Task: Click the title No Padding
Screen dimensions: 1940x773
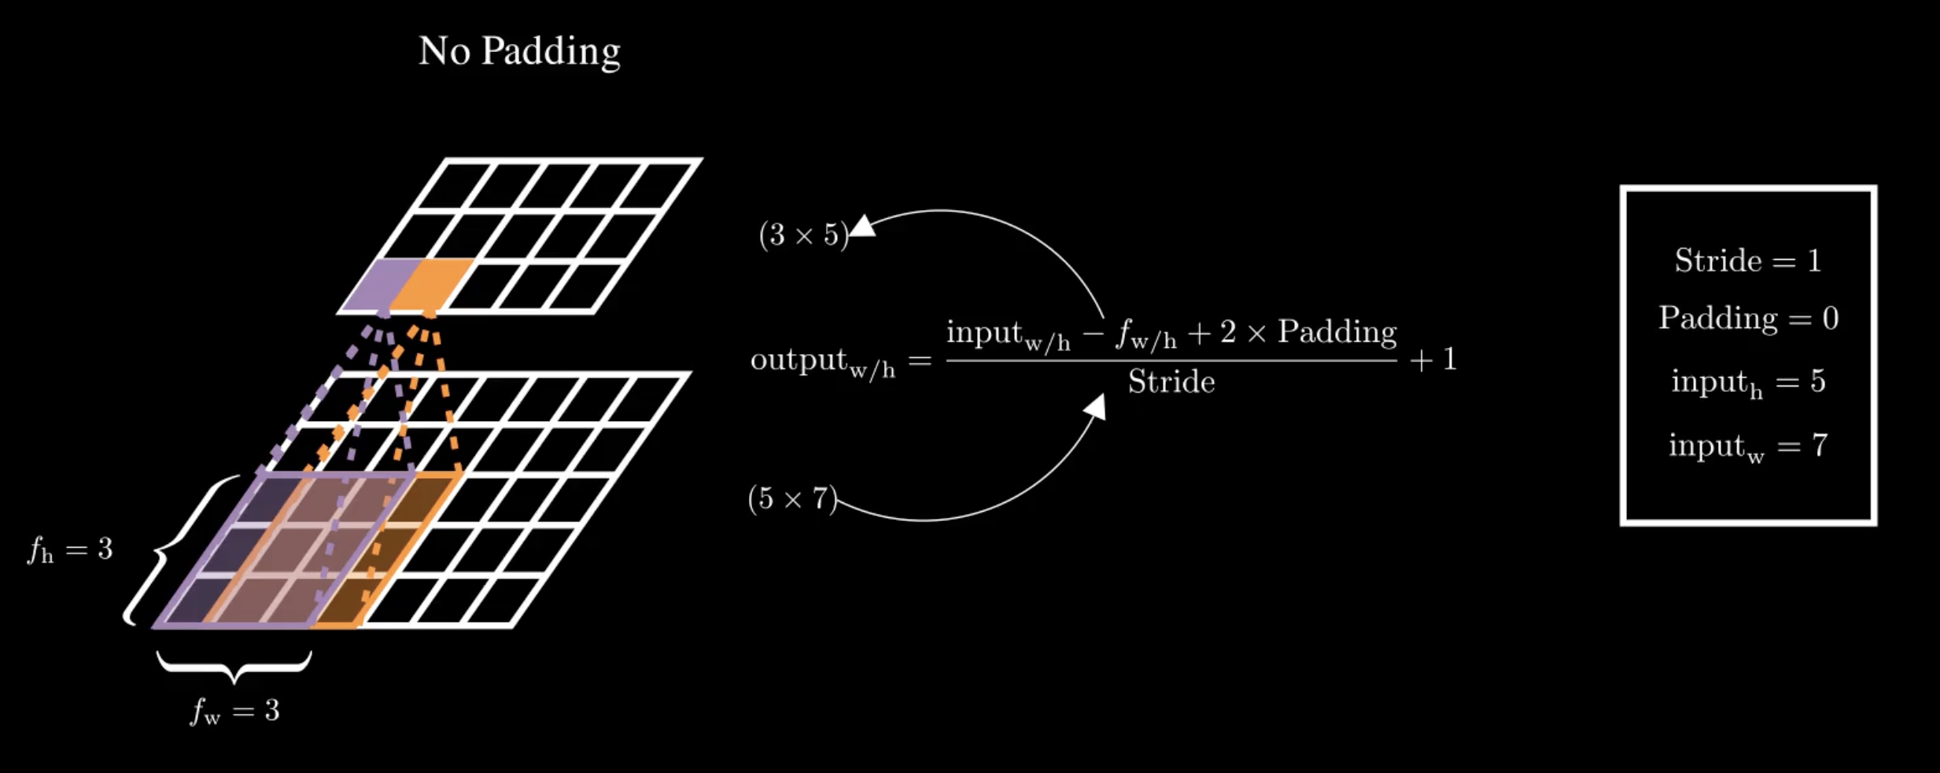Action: tap(519, 52)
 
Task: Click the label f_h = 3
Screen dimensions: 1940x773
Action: tap(70, 549)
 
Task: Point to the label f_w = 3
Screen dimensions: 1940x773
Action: tap(234, 711)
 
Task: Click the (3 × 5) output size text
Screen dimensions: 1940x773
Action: tap(803, 235)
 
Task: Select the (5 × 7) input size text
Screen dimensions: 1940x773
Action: tap(792, 498)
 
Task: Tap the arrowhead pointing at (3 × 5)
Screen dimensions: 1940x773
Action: tap(863, 227)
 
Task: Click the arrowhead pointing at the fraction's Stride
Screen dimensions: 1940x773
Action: tap(1095, 407)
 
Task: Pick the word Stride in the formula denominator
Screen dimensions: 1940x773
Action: tap(1171, 382)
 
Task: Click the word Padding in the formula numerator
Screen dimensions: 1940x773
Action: tap(1337, 331)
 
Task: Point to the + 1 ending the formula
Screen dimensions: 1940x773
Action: tap(1433, 360)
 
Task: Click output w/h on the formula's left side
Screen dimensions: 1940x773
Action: tap(823, 362)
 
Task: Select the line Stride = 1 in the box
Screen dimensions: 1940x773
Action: tap(1748, 261)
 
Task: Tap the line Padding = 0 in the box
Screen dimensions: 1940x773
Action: tap(1748, 318)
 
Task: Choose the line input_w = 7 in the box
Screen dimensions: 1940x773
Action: tap(1748, 447)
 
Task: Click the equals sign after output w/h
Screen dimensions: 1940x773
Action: tap(920, 361)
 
